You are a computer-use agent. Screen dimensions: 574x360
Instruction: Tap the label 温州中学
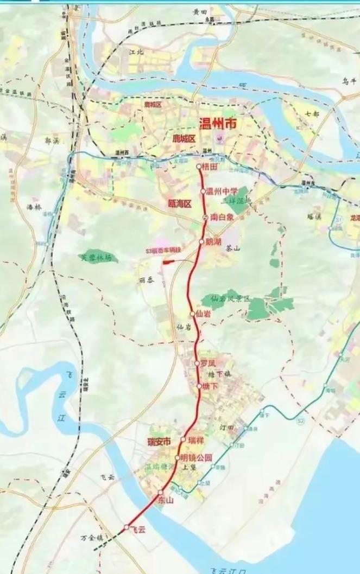pos(223,191)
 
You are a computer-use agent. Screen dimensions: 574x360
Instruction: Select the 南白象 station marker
pos(205,217)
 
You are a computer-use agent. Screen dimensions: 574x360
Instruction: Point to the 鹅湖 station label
pos(214,241)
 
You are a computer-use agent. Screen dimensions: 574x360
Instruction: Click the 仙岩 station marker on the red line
pos(192,314)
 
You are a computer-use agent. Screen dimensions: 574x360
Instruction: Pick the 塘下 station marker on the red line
pos(199,386)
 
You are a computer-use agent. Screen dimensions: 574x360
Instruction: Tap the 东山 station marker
pos(161,492)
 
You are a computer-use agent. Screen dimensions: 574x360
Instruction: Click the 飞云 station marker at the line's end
pos(127,527)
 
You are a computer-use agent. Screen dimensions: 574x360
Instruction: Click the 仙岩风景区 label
pos(231,299)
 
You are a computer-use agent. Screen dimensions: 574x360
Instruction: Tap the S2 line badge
pos(300,420)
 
